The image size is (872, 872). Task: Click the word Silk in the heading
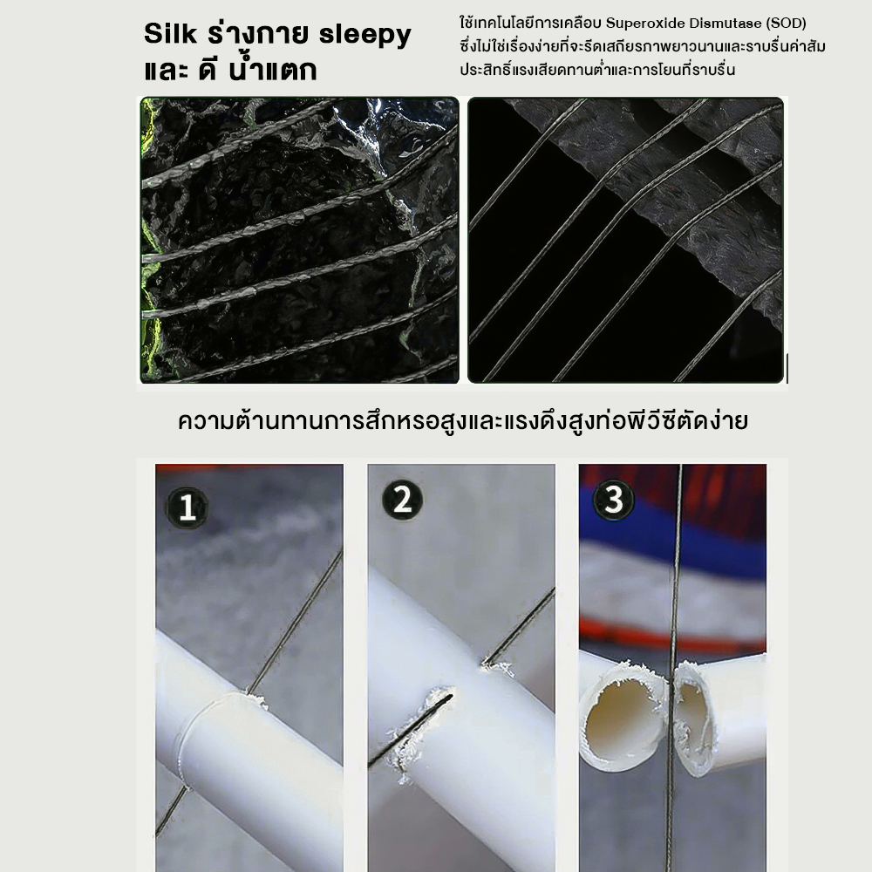(x=170, y=33)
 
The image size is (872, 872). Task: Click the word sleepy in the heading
(x=364, y=36)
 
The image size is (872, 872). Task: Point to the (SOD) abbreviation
(x=787, y=24)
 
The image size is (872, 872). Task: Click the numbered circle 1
(x=187, y=508)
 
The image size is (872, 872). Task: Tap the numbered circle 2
(x=402, y=500)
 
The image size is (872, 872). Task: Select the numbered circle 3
(x=613, y=499)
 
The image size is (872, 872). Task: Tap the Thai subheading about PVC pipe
(x=463, y=421)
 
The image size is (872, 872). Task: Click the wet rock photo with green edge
(x=300, y=241)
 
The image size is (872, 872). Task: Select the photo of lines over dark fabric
(x=625, y=241)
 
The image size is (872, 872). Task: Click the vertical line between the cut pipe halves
(x=672, y=667)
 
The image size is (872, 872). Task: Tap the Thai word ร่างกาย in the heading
(x=257, y=35)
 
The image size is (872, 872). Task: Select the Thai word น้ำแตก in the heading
(x=272, y=70)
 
